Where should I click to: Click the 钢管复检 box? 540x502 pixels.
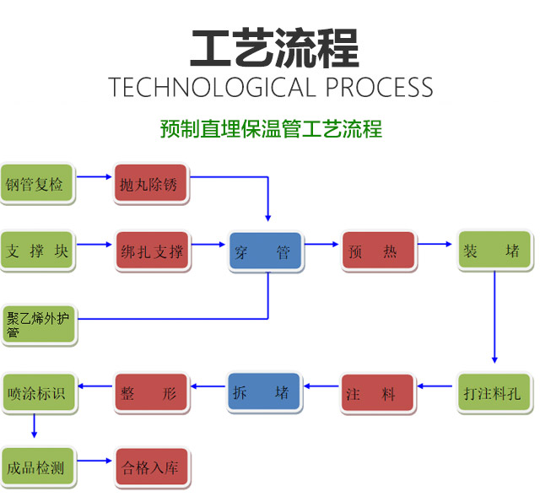pyautogui.click(x=37, y=184)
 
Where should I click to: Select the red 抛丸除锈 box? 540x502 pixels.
pyautogui.click(x=152, y=185)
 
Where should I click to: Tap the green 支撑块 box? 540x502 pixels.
pyautogui.click(x=37, y=251)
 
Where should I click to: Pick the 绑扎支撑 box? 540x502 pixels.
pyautogui.click(x=152, y=251)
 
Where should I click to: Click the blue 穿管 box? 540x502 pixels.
pyautogui.click(x=266, y=251)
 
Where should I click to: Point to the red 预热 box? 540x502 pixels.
pyautogui.click(x=379, y=251)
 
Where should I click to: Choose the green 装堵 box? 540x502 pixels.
pyautogui.click(x=494, y=251)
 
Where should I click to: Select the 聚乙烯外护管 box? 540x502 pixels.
pyautogui.click(x=38, y=325)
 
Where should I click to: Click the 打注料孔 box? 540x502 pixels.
pyautogui.click(x=494, y=393)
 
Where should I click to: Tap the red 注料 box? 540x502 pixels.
pyautogui.click(x=379, y=393)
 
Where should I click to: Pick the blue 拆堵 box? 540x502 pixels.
pyautogui.click(x=265, y=392)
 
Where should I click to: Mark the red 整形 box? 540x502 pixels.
pyautogui.click(x=152, y=393)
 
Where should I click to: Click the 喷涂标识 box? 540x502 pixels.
pyautogui.click(x=37, y=393)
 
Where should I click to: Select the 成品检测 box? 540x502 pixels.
pyautogui.click(x=37, y=467)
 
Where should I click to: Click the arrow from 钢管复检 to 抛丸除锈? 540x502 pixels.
pyautogui.click(x=94, y=177)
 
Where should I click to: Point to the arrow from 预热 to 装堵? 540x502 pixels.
pyautogui.click(x=437, y=245)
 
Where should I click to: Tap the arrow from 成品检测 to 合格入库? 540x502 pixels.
pyautogui.click(x=94, y=461)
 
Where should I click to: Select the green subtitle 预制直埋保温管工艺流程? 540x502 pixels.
pyautogui.click(x=271, y=129)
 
